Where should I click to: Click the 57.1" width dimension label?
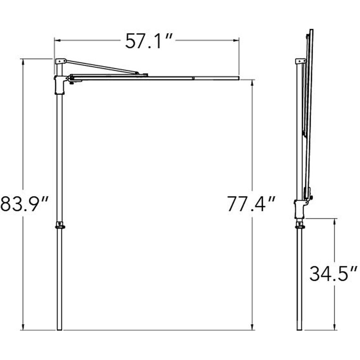coord(148,41)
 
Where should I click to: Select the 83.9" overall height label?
coord(24,204)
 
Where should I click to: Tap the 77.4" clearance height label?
coord(252,204)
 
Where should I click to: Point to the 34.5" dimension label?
coord(333,274)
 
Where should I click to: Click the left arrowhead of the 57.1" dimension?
coord(57,40)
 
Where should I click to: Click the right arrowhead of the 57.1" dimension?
coord(236,40)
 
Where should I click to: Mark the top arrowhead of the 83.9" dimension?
coord(23,62)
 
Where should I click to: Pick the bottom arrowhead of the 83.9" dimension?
coord(23,328)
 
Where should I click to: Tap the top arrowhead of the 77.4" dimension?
coord(252,83)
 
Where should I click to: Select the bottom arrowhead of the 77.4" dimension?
coord(252,328)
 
